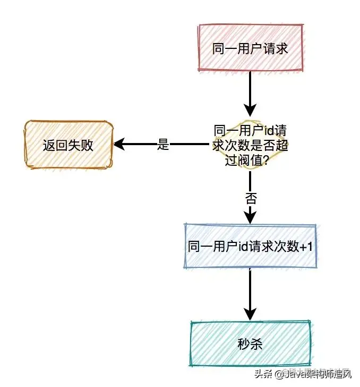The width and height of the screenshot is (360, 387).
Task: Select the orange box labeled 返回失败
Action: [x=68, y=144]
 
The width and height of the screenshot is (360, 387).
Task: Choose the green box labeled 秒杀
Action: [x=250, y=343]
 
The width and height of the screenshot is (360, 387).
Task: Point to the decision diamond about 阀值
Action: [x=250, y=145]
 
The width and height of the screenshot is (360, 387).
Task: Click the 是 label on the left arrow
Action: [x=163, y=144]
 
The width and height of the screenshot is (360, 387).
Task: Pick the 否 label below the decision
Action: [x=251, y=199]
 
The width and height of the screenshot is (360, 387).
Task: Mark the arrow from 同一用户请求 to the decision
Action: [x=250, y=96]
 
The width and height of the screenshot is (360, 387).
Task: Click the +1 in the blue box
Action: [x=307, y=247]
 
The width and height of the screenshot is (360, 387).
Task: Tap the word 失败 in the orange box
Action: [x=83, y=144]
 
